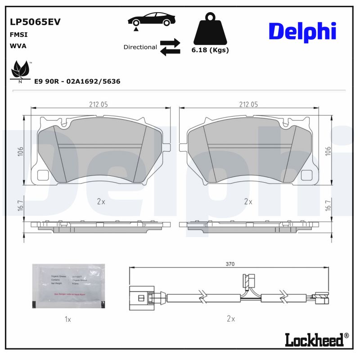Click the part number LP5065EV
pyautogui.click(x=35, y=22)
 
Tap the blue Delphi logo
pyautogui.click(x=302, y=31)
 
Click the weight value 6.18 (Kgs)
pyautogui.click(x=211, y=50)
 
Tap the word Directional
pyautogui.click(x=140, y=47)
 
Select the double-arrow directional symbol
pyautogui.click(x=170, y=47)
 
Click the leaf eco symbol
pyautogui.click(x=20, y=70)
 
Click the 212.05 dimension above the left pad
pyautogui.click(x=98, y=104)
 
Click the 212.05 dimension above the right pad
pyautogui.click(x=248, y=104)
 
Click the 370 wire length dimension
pyautogui.click(x=230, y=265)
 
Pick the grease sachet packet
pyautogui.click(x=68, y=287)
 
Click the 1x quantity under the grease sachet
pyautogui.click(x=68, y=319)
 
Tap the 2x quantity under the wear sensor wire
pyautogui.click(x=231, y=319)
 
